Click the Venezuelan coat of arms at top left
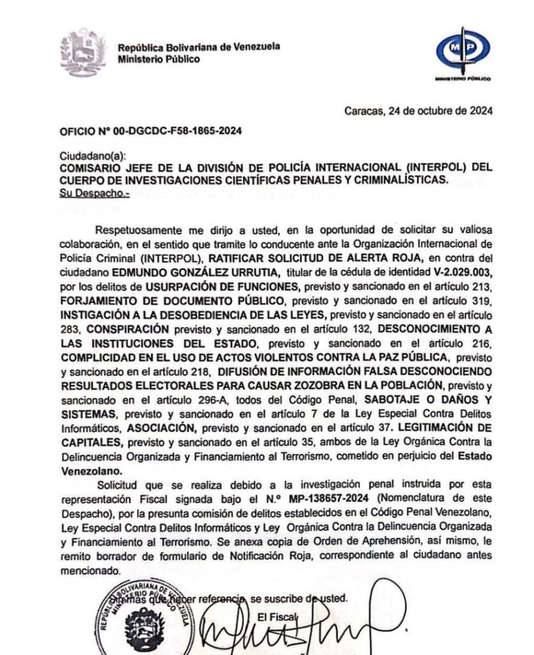pos(82,53)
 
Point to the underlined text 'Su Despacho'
pos(94,192)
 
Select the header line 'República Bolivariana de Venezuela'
pos(199,47)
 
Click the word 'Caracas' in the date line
pos(363,110)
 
